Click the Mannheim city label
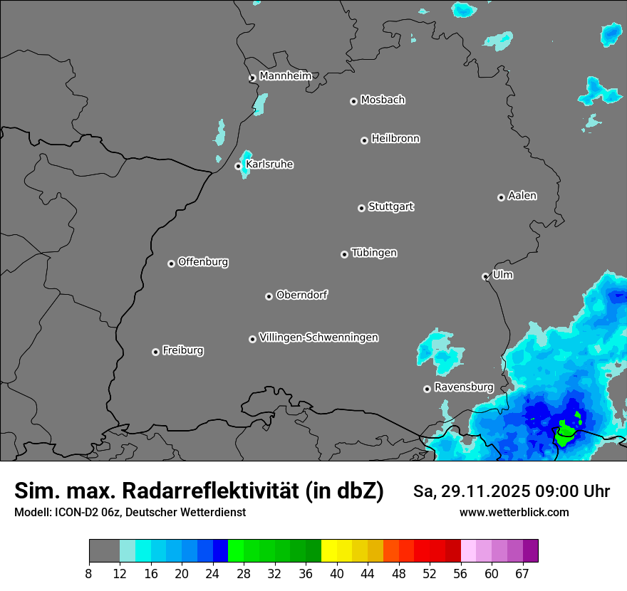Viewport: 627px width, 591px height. [285, 76]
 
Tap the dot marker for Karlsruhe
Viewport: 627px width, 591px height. [239, 166]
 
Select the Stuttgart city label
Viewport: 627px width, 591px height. [390, 207]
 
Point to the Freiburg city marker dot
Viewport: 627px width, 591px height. [155, 352]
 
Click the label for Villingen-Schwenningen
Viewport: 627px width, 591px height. [318, 338]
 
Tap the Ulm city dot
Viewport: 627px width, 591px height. [485, 276]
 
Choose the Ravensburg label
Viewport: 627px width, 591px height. [464, 387]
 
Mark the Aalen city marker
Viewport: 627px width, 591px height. [501, 197]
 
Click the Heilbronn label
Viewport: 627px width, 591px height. [395, 139]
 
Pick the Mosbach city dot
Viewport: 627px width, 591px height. [353, 101]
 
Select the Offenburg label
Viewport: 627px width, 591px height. [203, 262]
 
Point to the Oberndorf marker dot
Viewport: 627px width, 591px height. [269, 296]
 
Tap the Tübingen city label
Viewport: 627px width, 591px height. [374, 253]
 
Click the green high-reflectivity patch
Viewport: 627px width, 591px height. [566, 432]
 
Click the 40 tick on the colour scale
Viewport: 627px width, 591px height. [337, 573]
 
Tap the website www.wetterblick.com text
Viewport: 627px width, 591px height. [514, 512]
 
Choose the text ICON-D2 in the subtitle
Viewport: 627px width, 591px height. [73, 512]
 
